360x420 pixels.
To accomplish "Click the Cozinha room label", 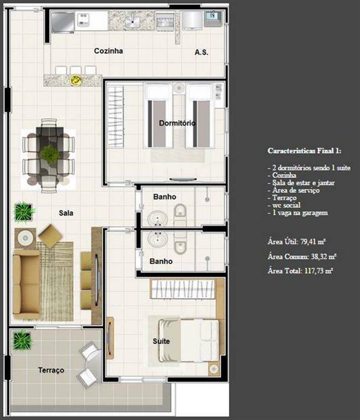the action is [x=108, y=51].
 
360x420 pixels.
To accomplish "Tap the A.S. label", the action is [x=202, y=52].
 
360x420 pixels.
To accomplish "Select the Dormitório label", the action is [x=177, y=123].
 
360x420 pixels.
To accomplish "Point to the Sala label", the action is [x=66, y=213].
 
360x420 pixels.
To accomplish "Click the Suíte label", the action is [x=161, y=341].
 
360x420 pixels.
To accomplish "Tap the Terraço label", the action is [x=51, y=370].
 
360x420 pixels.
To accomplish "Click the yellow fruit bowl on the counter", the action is [x=76, y=80].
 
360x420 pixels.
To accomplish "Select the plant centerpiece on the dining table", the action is [x=49, y=155].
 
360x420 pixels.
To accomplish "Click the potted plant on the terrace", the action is [x=22, y=340].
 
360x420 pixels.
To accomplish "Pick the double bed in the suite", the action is [x=189, y=341].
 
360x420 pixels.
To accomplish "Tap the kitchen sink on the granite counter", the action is [x=132, y=21].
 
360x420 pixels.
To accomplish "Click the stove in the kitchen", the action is [x=165, y=21].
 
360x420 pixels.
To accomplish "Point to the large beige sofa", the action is [x=27, y=284].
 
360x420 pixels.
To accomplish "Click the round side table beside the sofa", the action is [x=26, y=237].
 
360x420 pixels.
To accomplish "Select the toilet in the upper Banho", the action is [x=180, y=211].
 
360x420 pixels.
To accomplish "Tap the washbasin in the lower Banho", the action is [x=158, y=239].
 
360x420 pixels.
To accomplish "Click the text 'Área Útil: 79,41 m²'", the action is [x=297, y=242].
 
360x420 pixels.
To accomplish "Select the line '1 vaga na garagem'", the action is [x=298, y=213].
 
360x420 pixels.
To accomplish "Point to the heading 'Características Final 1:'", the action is [x=304, y=151].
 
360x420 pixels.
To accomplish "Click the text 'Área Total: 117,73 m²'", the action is [x=300, y=271].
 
